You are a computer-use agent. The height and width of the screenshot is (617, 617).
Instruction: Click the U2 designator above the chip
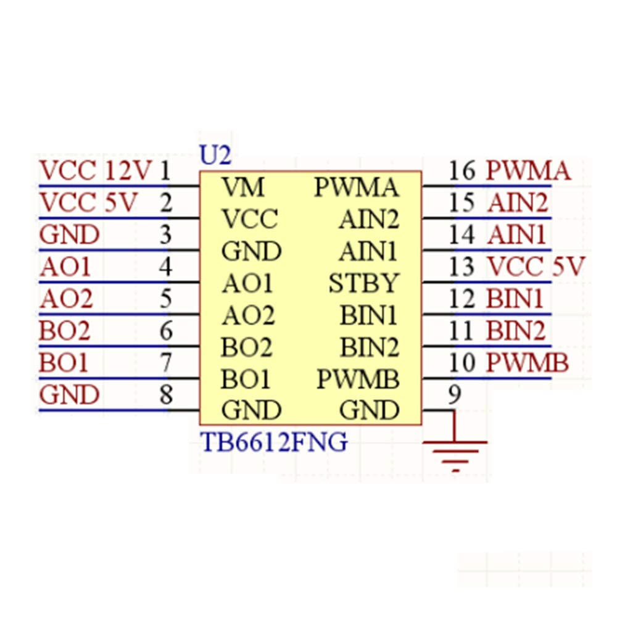click(215, 155)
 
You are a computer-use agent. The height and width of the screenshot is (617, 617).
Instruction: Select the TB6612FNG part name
click(274, 442)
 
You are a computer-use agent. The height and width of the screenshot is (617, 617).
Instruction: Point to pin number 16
click(462, 171)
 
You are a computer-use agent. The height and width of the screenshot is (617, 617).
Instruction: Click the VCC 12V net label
click(95, 171)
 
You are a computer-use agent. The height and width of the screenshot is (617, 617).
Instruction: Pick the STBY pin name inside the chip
click(364, 283)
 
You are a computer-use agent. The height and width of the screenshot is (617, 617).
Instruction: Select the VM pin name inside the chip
click(242, 187)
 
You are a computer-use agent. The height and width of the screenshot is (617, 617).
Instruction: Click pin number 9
click(455, 394)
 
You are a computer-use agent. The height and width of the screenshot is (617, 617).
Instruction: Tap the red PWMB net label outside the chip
click(528, 362)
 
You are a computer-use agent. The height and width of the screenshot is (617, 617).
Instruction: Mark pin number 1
click(165, 171)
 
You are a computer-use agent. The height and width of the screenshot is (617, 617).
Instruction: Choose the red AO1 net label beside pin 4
click(65, 267)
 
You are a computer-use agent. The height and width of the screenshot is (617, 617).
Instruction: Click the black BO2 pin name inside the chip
click(246, 347)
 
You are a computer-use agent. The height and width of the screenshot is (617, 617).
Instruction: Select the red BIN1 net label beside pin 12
click(515, 299)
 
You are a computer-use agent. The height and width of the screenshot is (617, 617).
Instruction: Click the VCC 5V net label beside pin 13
click(536, 267)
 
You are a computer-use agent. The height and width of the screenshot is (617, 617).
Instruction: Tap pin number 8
click(166, 394)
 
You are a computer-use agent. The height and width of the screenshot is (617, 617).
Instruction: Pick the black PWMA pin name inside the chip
click(357, 187)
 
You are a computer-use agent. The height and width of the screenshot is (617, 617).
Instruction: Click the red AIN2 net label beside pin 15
click(518, 203)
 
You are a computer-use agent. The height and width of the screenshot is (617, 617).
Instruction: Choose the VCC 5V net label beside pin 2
click(88, 203)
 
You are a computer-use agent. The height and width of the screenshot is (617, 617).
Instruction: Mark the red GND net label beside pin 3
click(69, 235)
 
